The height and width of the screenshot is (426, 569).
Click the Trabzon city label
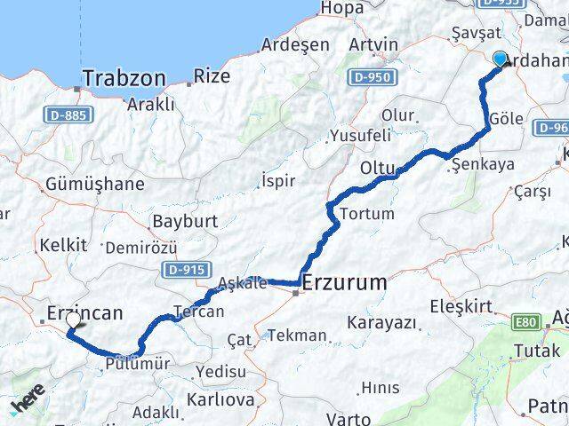tap(124, 79)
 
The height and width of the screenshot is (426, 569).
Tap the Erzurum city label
tap(345, 283)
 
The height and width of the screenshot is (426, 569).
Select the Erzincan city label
tap(84, 312)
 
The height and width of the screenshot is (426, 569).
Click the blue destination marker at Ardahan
tap(500, 59)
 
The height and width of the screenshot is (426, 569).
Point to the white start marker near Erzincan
tap(74, 319)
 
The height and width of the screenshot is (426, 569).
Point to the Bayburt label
tap(185, 220)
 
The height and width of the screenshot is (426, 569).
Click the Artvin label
tap(373, 43)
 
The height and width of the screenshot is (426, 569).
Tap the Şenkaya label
tap(483, 164)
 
